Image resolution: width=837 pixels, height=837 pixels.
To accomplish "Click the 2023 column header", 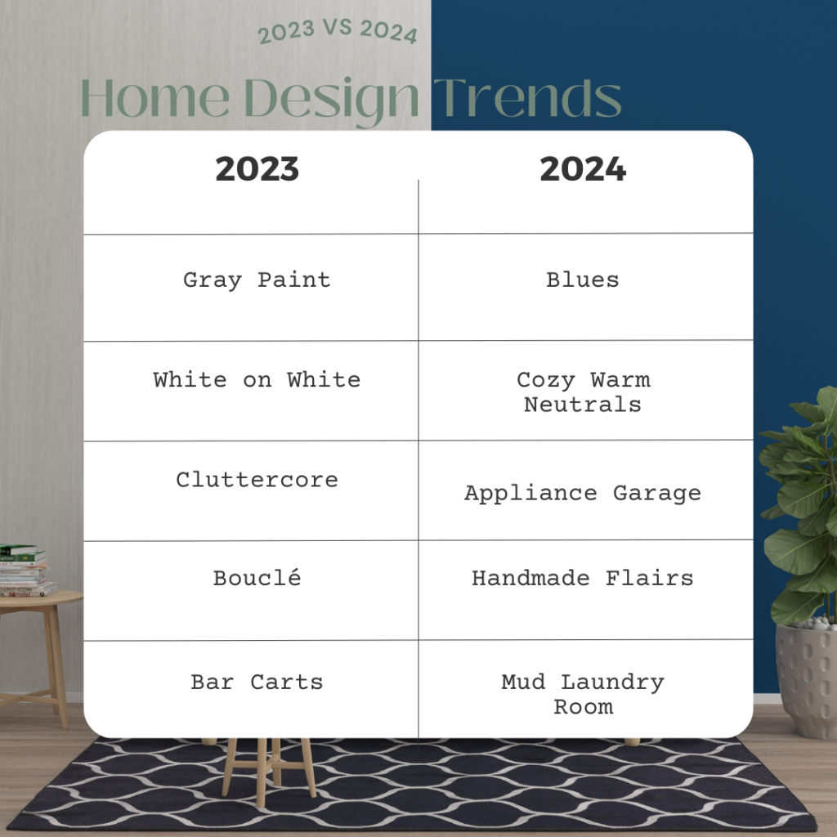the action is [257, 168].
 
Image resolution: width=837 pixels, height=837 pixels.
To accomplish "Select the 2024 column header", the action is [583, 168].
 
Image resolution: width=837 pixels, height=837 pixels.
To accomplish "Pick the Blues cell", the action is [582, 280].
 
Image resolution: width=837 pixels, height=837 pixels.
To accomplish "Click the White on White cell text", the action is [257, 379].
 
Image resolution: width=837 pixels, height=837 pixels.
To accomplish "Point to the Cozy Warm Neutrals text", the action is [583, 392].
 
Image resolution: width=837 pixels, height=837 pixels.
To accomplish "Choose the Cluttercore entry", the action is [257, 479].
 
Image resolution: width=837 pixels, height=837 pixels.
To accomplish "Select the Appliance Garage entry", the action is [583, 494].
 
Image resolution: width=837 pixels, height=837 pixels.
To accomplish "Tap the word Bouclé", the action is [257, 578].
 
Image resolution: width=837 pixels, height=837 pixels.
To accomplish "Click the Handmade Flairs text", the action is [583, 578].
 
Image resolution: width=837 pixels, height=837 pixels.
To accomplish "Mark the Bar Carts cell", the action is [257, 683].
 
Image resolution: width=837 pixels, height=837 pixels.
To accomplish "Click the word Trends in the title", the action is [527, 98].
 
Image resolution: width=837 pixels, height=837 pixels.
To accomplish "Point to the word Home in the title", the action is [154, 98].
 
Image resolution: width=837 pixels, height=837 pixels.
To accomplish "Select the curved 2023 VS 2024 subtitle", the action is [338, 30].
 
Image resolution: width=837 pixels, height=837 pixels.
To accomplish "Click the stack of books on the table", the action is [27, 570].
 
